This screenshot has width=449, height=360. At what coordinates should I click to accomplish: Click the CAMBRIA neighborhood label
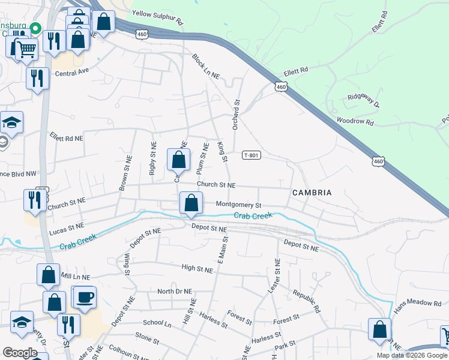pyautogui.click(x=312, y=193)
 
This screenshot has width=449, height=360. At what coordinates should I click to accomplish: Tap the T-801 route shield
pyautogui.click(x=251, y=155)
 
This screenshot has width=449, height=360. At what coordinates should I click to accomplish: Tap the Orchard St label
pyautogui.click(x=236, y=114)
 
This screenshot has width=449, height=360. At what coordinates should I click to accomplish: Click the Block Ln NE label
pyautogui.click(x=206, y=67)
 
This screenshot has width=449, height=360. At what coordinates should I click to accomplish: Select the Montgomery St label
pyautogui.click(x=238, y=205)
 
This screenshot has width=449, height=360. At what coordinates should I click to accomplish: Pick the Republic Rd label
pyautogui.click(x=307, y=302)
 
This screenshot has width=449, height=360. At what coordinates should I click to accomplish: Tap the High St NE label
pyautogui.click(x=197, y=270)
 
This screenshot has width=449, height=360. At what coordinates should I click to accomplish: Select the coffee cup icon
pyautogui.click(x=85, y=296)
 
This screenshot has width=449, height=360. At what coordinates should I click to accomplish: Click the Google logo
pyautogui.click(x=19, y=353)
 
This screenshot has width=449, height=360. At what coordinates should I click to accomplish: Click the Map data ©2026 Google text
pyautogui.click(x=412, y=355)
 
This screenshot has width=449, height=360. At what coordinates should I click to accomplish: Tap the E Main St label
pyautogui.click(x=221, y=248)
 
